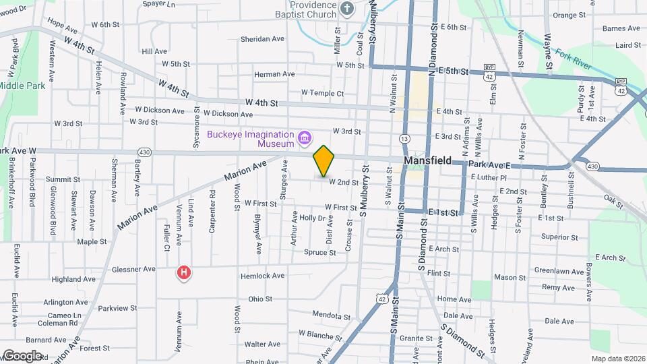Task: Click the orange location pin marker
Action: point(323,160)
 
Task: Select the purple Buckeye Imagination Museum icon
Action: point(305,139)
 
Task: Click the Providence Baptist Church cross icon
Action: point(346,8)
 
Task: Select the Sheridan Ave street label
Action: point(262,39)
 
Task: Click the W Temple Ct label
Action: point(322,93)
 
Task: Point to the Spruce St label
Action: point(320,253)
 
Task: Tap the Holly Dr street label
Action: point(312,218)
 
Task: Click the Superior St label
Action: point(559,237)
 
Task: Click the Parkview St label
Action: point(117,308)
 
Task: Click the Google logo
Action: point(22,355)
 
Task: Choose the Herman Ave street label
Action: point(274,74)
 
